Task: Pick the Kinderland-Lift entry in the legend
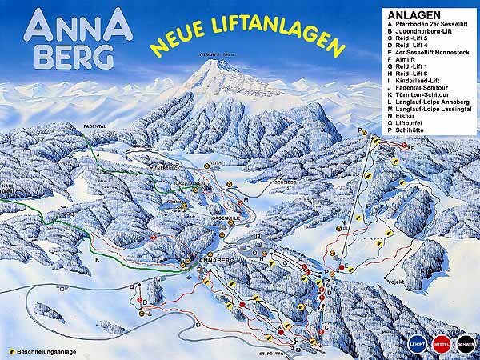415,80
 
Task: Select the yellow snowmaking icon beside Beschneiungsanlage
13,351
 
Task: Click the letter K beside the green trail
97,261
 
